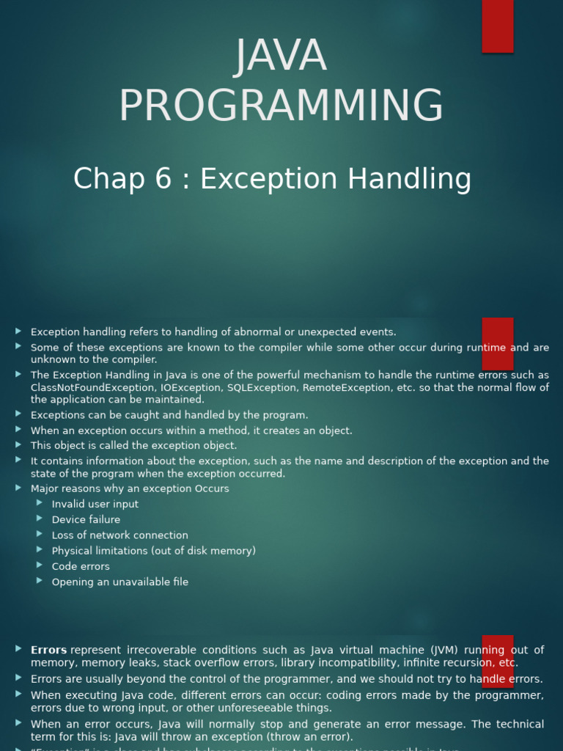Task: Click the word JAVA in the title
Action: coord(281,56)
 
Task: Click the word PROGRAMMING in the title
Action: coord(281,106)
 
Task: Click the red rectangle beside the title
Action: coord(497,26)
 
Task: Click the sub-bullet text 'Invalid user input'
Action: coord(95,505)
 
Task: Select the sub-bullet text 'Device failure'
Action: coord(86,520)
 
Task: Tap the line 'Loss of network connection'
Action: coord(119,535)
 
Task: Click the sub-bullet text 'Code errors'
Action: coord(81,566)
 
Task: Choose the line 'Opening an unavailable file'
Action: coord(120,582)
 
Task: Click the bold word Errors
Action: coord(48,650)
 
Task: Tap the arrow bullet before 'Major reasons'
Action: coord(18,488)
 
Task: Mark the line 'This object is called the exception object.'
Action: coord(133,446)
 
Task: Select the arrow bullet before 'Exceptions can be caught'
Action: coord(18,414)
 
